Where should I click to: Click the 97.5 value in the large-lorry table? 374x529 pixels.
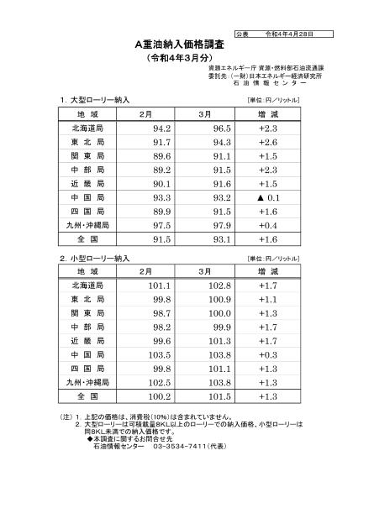coord(155,226)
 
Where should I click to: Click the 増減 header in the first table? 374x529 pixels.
coord(269,113)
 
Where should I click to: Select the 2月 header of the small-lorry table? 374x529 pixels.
coord(145,272)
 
